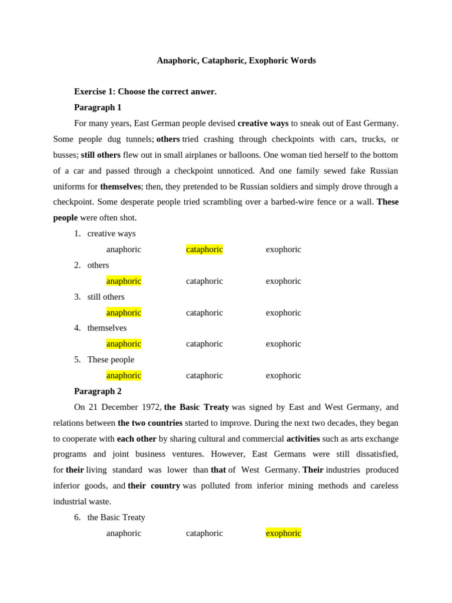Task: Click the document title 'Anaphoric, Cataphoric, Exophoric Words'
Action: [236, 61]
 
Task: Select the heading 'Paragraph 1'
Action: [98, 107]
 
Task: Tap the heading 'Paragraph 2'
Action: [98, 391]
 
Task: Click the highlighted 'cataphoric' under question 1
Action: [204, 249]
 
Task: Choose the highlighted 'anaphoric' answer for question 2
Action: [124, 281]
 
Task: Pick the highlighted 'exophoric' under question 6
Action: [283, 533]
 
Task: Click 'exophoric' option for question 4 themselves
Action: [283, 344]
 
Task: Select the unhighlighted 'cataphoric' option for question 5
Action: [204, 375]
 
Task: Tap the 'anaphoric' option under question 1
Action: [124, 249]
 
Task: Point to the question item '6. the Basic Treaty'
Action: [116, 517]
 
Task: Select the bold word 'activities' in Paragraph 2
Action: [303, 439]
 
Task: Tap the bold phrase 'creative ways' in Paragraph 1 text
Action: [263, 123]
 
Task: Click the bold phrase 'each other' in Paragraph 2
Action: [137, 439]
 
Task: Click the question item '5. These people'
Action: [111, 359]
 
